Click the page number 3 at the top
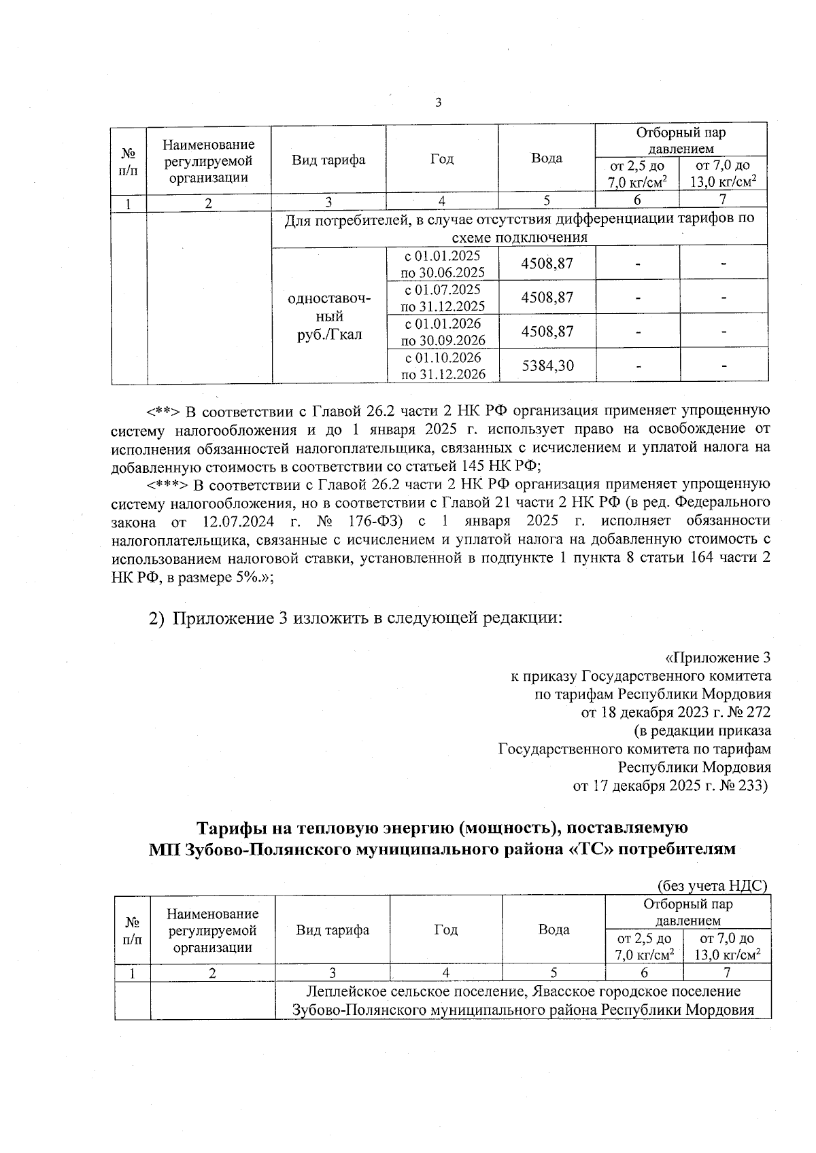click(438, 103)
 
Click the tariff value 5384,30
click(547, 366)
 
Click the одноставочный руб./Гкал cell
click(329, 316)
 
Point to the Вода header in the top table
click(547, 158)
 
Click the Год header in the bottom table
click(446, 929)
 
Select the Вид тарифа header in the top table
click(328, 160)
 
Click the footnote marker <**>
click(163, 411)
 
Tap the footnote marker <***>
click(166, 484)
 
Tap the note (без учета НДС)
click(712, 885)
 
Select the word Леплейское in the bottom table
click(341, 991)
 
